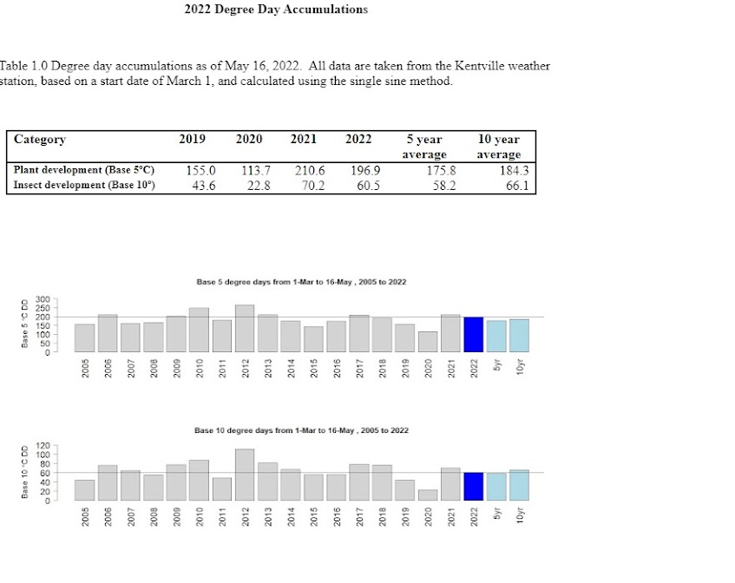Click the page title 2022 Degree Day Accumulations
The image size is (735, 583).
pyautogui.click(x=276, y=10)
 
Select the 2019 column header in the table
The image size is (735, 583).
pyautogui.click(x=192, y=139)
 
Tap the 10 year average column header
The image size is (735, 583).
pyautogui.click(x=498, y=146)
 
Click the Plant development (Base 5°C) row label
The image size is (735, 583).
pyautogui.click(x=84, y=170)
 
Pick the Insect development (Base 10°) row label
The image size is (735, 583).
pyautogui.click(x=84, y=185)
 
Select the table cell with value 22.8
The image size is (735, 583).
pyautogui.click(x=259, y=186)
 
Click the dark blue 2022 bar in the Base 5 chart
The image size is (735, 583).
pyautogui.click(x=473, y=334)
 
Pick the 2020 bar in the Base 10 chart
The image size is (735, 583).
pyautogui.click(x=428, y=495)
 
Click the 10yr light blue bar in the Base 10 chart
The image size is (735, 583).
pyautogui.click(x=519, y=485)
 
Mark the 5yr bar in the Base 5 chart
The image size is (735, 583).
pyautogui.click(x=496, y=336)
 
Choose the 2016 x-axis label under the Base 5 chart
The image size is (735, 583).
pyautogui.click(x=337, y=369)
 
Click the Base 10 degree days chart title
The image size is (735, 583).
pyautogui.click(x=301, y=430)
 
